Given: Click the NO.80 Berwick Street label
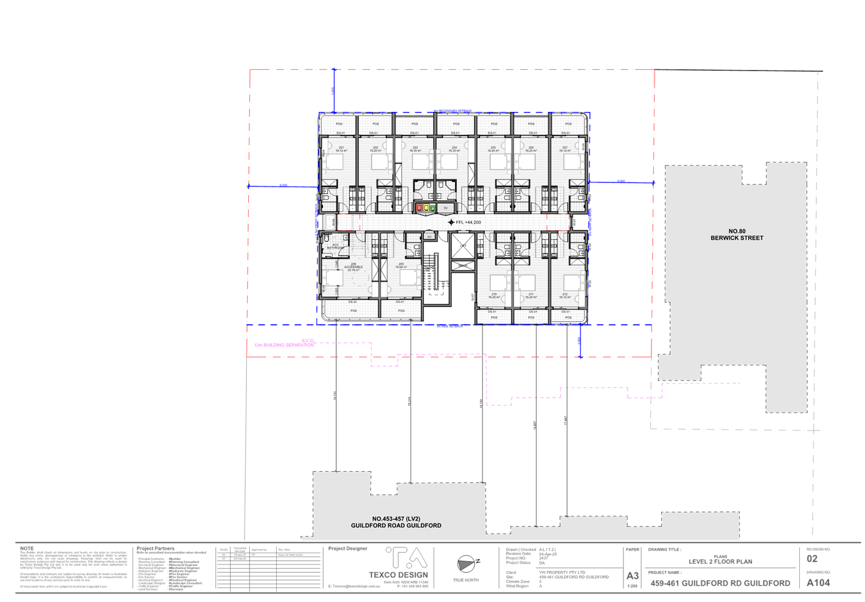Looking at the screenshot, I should tap(737, 235).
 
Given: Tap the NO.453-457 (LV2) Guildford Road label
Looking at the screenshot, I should tap(396, 522).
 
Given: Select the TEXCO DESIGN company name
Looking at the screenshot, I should tap(399, 575).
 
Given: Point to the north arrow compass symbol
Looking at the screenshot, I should tap(468, 564).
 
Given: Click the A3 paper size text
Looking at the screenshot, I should tap(633, 575).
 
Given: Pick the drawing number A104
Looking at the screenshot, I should tap(818, 583).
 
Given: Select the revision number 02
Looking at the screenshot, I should tap(812, 559).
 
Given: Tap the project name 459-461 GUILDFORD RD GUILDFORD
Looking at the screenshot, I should tap(720, 583).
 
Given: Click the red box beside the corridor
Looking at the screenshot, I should tap(420, 208).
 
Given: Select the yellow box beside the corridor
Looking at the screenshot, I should tap(426, 208).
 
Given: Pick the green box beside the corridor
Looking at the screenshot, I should tap(432, 208).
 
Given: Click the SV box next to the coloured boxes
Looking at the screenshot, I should tap(445, 208).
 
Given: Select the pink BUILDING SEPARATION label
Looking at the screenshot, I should tap(284, 344).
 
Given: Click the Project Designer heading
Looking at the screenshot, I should tap(348, 549).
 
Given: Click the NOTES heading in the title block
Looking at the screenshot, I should tap(27, 548).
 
